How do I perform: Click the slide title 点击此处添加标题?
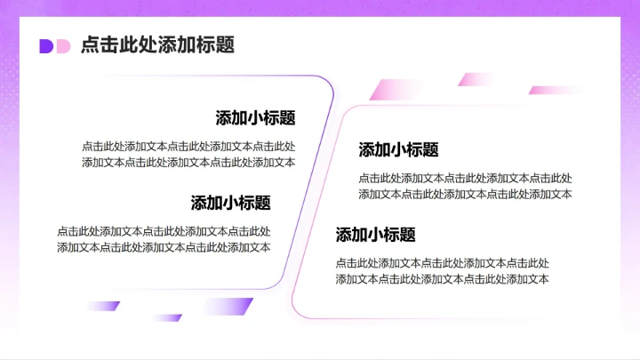pyautogui.click(x=157, y=45)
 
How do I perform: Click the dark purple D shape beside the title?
pyautogui.click(x=45, y=46)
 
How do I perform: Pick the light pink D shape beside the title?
pyautogui.click(x=62, y=46)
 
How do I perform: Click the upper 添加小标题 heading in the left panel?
pyautogui.click(x=255, y=118)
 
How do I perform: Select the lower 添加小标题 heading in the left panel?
pyautogui.click(x=230, y=203)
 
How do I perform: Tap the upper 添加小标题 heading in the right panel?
pyautogui.click(x=398, y=150)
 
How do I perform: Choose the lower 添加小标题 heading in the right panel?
pyautogui.click(x=375, y=236)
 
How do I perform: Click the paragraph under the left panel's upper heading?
pyautogui.click(x=188, y=154)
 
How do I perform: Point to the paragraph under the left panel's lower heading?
pyautogui.click(x=164, y=239)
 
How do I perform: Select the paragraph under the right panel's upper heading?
pyautogui.click(x=465, y=186)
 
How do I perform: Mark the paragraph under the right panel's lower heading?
pyautogui.click(x=442, y=271)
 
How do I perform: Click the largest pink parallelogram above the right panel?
pyautogui.click(x=393, y=90)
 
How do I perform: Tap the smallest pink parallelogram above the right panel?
pyautogui.click(x=475, y=79)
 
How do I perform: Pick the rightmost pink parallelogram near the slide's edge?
pyautogui.click(x=556, y=90)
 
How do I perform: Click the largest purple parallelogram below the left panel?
pyautogui.click(x=229, y=307)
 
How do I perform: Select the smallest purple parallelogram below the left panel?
pyautogui.click(x=166, y=317)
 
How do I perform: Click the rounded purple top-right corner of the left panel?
pyautogui.click(x=326, y=83)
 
